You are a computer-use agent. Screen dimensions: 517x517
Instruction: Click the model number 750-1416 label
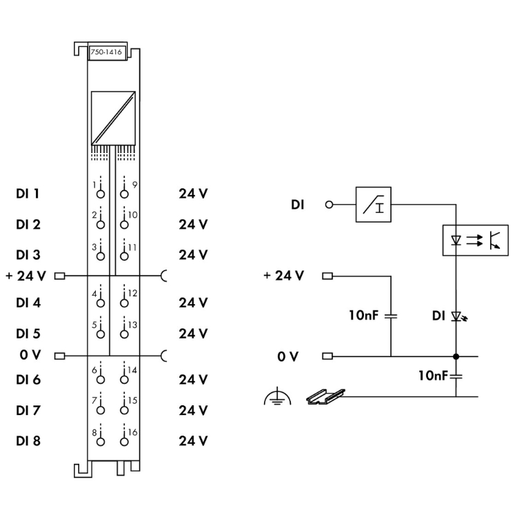tap(107, 52)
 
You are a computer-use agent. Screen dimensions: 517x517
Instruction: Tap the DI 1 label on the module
tap(27, 194)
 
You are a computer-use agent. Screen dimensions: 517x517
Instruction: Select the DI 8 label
tap(27, 440)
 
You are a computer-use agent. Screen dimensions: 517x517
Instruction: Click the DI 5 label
tap(27, 333)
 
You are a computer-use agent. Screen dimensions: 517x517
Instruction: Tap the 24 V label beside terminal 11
tap(192, 254)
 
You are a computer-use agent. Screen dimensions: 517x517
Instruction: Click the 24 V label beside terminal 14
tap(192, 380)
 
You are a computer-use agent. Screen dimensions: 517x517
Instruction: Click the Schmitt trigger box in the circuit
tap(373, 204)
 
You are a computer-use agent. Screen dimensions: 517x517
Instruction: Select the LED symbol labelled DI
tap(456, 316)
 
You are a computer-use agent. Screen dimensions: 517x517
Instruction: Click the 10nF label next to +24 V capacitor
tap(365, 316)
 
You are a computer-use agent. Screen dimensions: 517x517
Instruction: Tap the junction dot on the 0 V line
tap(456, 356)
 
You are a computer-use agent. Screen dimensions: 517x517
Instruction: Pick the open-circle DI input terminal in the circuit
tap(328, 205)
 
